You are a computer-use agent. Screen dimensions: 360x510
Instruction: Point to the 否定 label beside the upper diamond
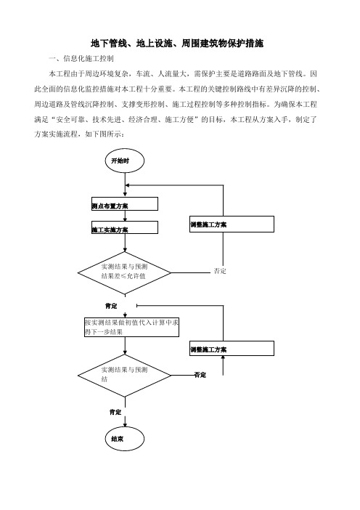tap(220, 271)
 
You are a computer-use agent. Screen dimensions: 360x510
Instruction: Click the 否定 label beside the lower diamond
tap(200, 375)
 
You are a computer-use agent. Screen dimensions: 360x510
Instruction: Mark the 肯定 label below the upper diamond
tap(111, 306)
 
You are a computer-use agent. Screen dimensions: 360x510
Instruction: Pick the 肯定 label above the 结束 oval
tap(115, 412)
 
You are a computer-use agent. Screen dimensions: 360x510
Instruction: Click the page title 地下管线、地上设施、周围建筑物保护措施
tap(177, 44)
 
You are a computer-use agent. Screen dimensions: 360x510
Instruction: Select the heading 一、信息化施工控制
tap(81, 59)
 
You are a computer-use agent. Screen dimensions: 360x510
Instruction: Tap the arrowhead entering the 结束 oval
tap(125, 425)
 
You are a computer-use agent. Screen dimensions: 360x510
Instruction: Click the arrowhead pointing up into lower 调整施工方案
tap(223, 357)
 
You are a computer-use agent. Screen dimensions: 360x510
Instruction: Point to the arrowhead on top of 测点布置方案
tap(125, 195)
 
